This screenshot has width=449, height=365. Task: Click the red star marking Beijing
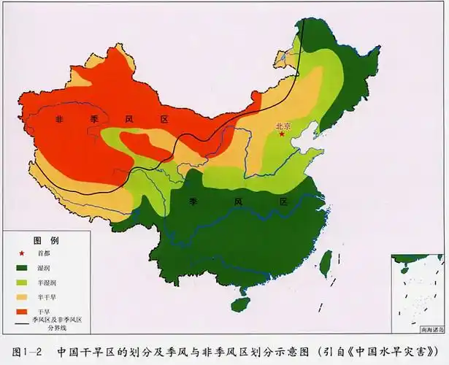[x=281, y=134]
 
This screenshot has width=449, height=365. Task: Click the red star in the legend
[x=20, y=253]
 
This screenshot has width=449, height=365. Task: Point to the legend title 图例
[x=46, y=240]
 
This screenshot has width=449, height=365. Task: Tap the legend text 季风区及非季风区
[x=57, y=320]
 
